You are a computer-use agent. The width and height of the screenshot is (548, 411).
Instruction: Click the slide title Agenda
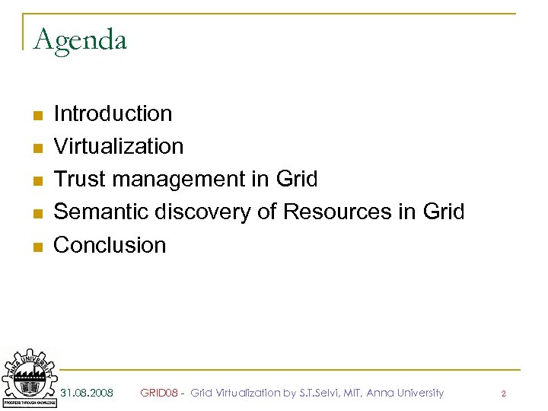(80, 40)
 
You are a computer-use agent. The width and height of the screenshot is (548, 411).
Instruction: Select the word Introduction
(113, 114)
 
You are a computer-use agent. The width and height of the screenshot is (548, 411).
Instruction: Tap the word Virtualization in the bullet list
(119, 146)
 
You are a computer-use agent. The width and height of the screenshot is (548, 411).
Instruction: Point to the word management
(177, 180)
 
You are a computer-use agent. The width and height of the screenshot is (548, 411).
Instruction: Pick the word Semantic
(101, 212)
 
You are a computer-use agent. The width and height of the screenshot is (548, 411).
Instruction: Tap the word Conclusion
(110, 245)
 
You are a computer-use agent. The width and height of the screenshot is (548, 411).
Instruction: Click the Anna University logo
(29, 378)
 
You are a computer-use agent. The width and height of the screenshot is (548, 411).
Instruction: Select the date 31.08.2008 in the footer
(87, 393)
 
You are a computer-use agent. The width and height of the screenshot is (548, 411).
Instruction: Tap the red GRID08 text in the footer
(159, 393)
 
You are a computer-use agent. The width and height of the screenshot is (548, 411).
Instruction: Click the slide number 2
(503, 393)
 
